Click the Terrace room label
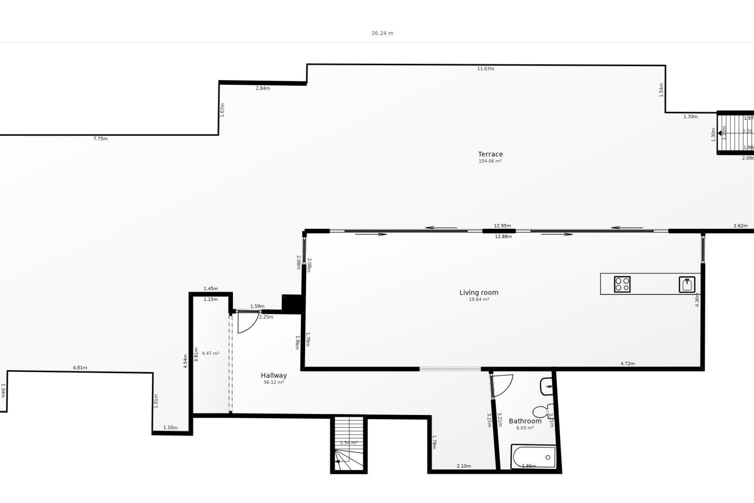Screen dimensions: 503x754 coord(490,154)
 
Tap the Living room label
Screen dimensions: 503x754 coord(479,292)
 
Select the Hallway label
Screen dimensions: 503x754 coord(274,375)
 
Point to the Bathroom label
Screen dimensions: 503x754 coord(525,421)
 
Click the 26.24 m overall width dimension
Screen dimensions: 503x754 coord(382,33)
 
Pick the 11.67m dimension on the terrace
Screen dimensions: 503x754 coord(485,69)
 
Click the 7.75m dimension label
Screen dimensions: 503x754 coord(100,139)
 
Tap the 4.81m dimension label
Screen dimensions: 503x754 coord(80,368)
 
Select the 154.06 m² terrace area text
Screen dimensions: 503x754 coord(490,161)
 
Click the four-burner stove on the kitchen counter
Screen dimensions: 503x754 coord(622,284)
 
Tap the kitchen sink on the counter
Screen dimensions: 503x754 coord(687,285)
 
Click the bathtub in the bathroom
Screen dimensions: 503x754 coord(533,457)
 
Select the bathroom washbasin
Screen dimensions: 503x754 coord(547,386)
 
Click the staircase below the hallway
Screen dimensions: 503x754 coord(349,444)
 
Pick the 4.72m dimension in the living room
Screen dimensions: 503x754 coord(627,363)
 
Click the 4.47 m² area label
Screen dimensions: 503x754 coord(210,353)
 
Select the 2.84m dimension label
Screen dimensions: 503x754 coord(263,88)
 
